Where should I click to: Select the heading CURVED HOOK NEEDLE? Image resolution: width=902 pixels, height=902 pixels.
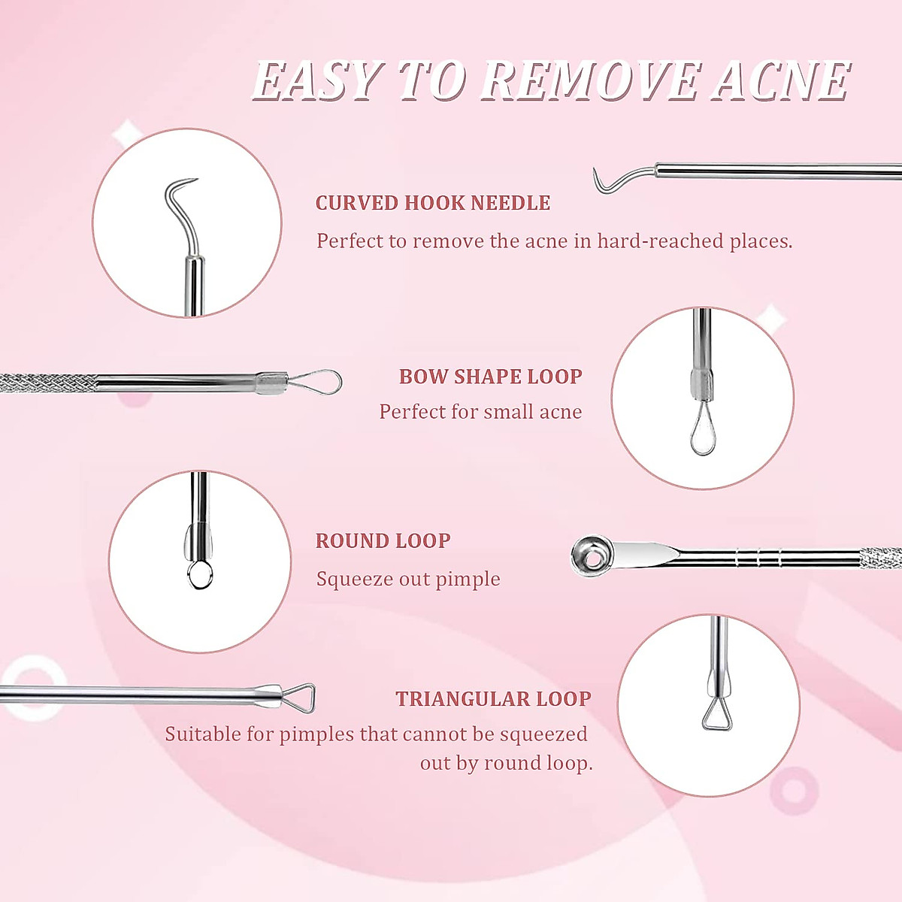[x=433, y=203]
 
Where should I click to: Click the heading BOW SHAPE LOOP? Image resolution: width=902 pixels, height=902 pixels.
[x=491, y=377]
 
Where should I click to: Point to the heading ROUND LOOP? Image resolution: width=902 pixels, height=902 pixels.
[x=383, y=541]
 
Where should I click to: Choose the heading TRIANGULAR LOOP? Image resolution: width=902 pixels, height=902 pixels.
[x=493, y=699]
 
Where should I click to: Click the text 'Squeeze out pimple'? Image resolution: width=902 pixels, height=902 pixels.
[x=408, y=579]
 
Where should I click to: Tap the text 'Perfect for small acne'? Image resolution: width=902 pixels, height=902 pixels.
[x=480, y=412]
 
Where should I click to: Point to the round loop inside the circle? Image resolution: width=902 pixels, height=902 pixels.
[x=200, y=575]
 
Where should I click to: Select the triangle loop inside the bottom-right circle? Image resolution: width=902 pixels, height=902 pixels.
[x=716, y=715]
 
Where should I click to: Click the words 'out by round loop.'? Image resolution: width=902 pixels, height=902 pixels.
[x=506, y=764]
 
